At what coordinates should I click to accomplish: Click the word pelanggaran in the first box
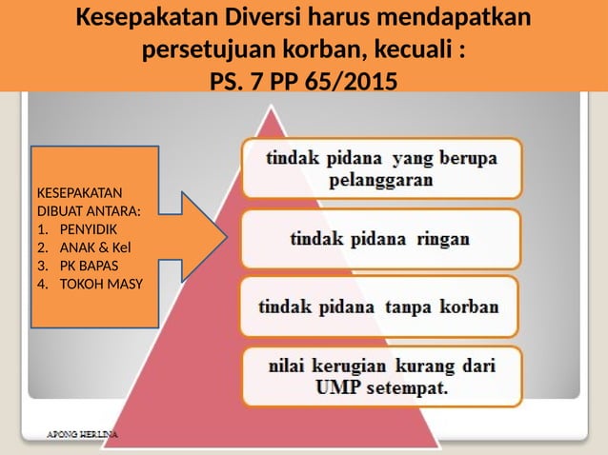[381, 179]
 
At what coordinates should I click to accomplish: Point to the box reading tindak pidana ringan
[379, 239]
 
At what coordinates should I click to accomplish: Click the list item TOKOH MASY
[96, 284]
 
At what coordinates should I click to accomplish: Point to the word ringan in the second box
[441, 239]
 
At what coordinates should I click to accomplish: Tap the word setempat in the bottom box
[409, 388]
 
